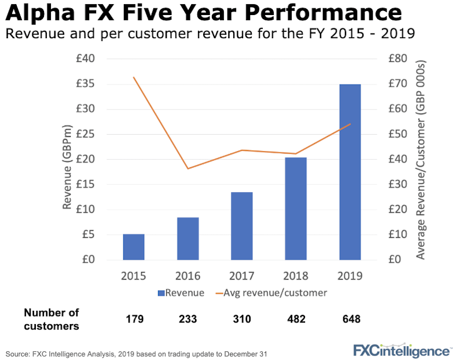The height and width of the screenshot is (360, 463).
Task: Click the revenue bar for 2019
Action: [350, 172]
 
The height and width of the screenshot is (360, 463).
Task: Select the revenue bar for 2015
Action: [134, 247]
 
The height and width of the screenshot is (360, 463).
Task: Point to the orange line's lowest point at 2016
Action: [188, 168]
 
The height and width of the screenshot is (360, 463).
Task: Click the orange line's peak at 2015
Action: [134, 77]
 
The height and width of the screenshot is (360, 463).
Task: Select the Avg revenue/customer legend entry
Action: [271, 293]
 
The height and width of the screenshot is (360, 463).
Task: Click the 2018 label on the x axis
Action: [296, 275]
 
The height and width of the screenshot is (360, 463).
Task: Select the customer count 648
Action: [351, 319]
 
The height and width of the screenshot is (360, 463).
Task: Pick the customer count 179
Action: [134, 319]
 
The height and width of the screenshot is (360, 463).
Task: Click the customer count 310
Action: [242, 319]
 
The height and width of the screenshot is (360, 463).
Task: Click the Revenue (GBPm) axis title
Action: [67, 166]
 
